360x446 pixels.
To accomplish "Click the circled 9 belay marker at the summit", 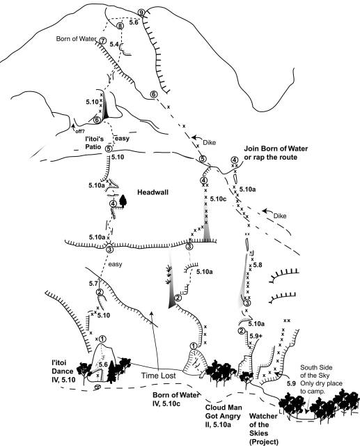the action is [141, 13].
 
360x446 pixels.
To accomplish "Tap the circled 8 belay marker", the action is [120, 26].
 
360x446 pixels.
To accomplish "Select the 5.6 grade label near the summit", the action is [134, 22].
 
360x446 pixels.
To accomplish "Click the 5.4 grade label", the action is [114, 44].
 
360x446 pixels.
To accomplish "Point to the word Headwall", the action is [153, 192].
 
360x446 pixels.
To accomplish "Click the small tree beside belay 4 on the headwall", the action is [123, 201].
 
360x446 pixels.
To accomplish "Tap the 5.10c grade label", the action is [218, 199].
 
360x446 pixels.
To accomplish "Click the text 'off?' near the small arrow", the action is [80, 131].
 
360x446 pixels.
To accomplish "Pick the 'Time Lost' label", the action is [159, 376].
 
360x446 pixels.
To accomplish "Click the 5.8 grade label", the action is [257, 265].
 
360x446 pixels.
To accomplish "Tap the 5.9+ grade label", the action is [256, 336].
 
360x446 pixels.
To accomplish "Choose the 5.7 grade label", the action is [93, 284].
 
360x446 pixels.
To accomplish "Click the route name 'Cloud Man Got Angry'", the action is [224, 416].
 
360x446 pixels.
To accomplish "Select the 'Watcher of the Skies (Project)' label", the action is [263, 429].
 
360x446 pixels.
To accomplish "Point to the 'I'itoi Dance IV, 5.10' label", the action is [62, 371].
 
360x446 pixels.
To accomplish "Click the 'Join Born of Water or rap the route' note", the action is [276, 153].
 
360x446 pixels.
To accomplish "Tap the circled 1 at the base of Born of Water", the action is [193, 346].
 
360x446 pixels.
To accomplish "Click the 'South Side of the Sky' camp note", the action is [321, 379].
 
